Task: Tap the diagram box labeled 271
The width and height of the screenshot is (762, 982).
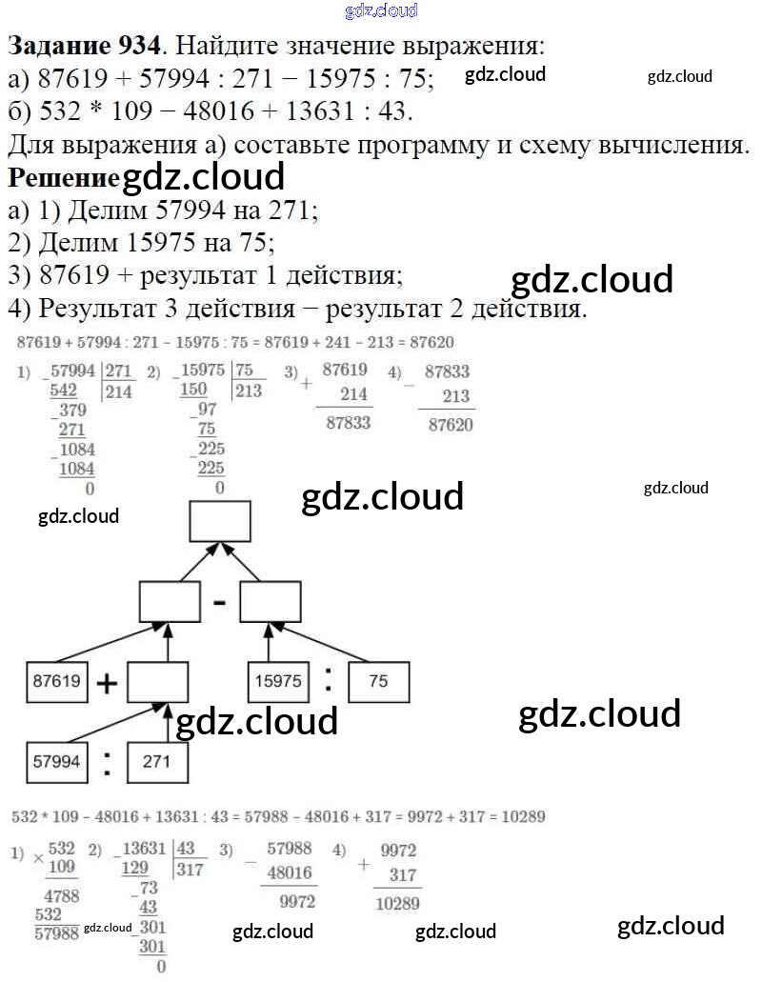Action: click(x=157, y=761)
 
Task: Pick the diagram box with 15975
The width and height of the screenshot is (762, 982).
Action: click(x=279, y=681)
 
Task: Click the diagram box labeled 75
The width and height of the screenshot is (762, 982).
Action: click(x=378, y=681)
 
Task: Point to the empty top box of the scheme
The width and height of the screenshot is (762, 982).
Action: click(x=220, y=521)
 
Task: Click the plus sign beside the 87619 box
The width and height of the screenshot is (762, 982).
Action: click(x=108, y=683)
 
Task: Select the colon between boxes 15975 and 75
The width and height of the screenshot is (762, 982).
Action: click(x=329, y=679)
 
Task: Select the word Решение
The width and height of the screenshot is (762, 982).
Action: click(x=64, y=177)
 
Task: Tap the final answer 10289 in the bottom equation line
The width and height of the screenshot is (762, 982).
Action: click(x=519, y=817)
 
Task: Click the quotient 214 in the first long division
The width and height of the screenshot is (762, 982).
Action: click(x=120, y=391)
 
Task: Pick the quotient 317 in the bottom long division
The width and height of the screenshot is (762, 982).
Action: click(x=190, y=869)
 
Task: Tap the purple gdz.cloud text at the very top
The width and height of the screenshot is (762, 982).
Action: click(x=380, y=11)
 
